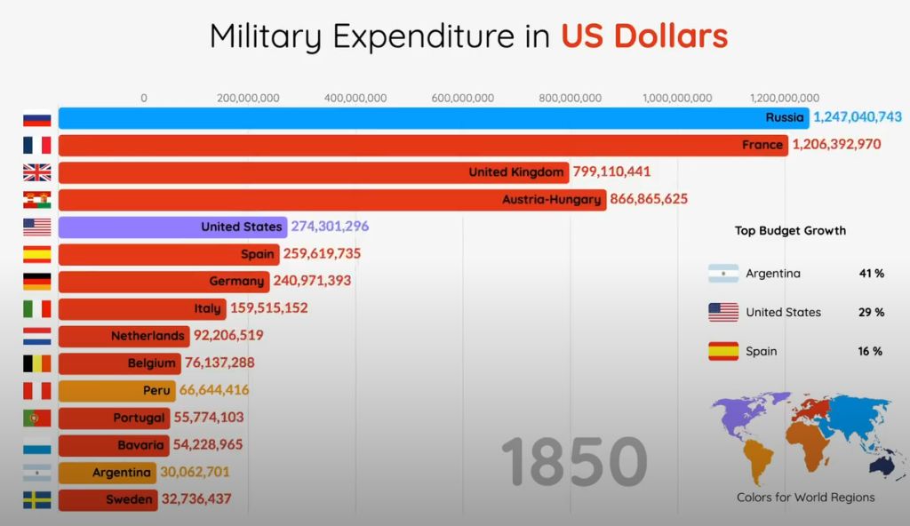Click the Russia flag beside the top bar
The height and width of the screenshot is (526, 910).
(x=36, y=118)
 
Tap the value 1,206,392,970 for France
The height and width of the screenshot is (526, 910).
(x=836, y=144)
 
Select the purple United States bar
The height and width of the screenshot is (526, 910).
(x=172, y=227)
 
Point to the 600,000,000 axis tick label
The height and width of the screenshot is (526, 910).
(x=462, y=98)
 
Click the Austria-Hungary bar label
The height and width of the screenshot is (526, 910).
(x=551, y=199)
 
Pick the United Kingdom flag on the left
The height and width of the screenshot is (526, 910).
(x=36, y=172)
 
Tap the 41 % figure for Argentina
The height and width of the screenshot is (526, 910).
(x=871, y=274)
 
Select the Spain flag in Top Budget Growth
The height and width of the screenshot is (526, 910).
(x=723, y=351)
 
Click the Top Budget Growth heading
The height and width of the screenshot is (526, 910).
(x=790, y=231)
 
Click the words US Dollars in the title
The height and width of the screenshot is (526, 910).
(x=643, y=36)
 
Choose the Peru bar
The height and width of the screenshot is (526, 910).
(x=116, y=390)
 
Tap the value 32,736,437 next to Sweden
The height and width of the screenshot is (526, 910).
(x=196, y=499)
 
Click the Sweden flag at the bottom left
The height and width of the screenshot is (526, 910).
(x=36, y=500)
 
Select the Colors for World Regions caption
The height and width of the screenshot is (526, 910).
(x=805, y=498)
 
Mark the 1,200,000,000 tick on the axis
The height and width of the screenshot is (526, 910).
(x=785, y=98)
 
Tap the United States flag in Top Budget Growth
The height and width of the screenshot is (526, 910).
(x=723, y=312)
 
